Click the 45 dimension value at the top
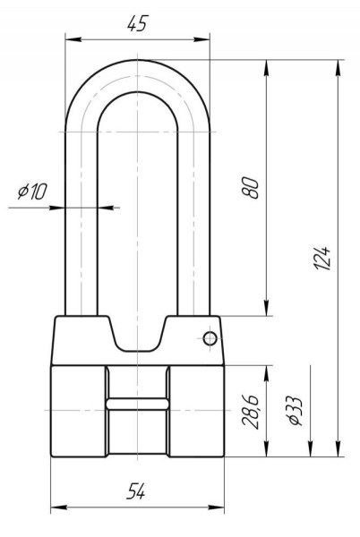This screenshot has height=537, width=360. tap(137, 24)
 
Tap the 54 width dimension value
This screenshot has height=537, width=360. tap(135, 490)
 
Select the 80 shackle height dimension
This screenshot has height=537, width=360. tap(250, 187)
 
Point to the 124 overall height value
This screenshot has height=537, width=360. tap(322, 258)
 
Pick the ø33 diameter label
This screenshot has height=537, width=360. tap(296, 411)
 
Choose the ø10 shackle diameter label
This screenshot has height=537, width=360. tap(32, 192)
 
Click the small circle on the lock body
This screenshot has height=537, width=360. tap(210, 338)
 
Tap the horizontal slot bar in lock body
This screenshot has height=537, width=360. tap(137, 404)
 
